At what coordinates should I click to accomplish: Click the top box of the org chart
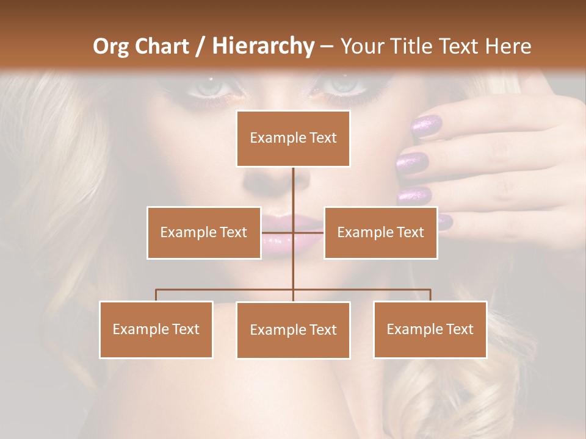coord(293,138)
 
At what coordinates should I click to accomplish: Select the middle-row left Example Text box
coord(203,232)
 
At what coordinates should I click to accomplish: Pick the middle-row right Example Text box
coord(380,232)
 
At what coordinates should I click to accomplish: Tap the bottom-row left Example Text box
coord(156,329)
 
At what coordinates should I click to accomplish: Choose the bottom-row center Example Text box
coord(293,330)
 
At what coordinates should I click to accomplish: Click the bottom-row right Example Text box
coord(430,329)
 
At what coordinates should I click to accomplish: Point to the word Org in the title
coord(110,46)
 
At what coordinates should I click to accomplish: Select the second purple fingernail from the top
coord(413,163)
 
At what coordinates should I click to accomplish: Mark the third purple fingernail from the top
coord(414,196)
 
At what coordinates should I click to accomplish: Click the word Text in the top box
coord(322,138)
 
